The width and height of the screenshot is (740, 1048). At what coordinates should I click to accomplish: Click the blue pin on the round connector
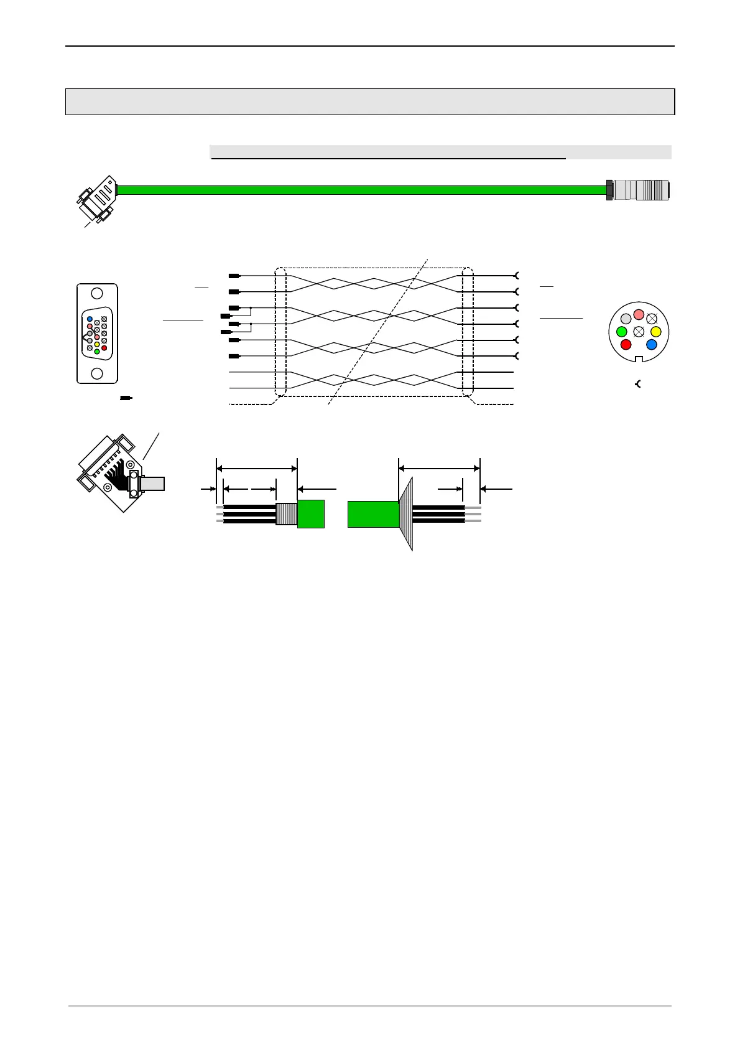pos(651,344)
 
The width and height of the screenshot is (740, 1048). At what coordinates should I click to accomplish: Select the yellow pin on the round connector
pos(655,332)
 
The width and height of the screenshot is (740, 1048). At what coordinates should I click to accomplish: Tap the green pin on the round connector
pos(622,332)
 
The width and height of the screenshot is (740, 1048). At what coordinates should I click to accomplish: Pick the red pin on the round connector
pos(626,344)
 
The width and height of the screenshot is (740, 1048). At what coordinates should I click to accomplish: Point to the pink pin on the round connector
pos(639,315)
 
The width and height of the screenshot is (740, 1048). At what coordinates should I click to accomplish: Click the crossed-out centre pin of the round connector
pos(639,332)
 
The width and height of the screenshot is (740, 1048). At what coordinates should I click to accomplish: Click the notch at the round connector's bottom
pos(639,358)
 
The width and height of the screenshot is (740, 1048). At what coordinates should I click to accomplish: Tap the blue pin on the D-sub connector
pos(90,319)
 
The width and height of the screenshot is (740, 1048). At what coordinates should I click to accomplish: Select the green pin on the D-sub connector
pos(97,352)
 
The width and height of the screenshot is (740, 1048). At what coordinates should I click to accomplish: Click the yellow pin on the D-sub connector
pos(97,344)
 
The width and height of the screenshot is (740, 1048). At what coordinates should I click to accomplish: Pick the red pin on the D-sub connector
pos(104,348)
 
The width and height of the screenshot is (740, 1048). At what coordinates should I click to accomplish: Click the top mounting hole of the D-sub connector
pos(97,294)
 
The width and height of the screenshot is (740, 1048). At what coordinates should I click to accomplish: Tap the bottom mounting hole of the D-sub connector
pos(97,373)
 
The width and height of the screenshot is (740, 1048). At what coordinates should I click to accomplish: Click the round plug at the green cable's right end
pos(639,190)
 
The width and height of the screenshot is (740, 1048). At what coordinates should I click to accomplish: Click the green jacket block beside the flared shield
pos(373,514)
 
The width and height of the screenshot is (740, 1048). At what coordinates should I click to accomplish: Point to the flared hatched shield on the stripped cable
pos(406,514)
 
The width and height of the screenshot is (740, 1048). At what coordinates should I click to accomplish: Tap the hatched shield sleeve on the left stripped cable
pos(287,514)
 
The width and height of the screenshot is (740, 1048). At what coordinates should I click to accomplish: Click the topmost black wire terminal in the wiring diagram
pos(234,276)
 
